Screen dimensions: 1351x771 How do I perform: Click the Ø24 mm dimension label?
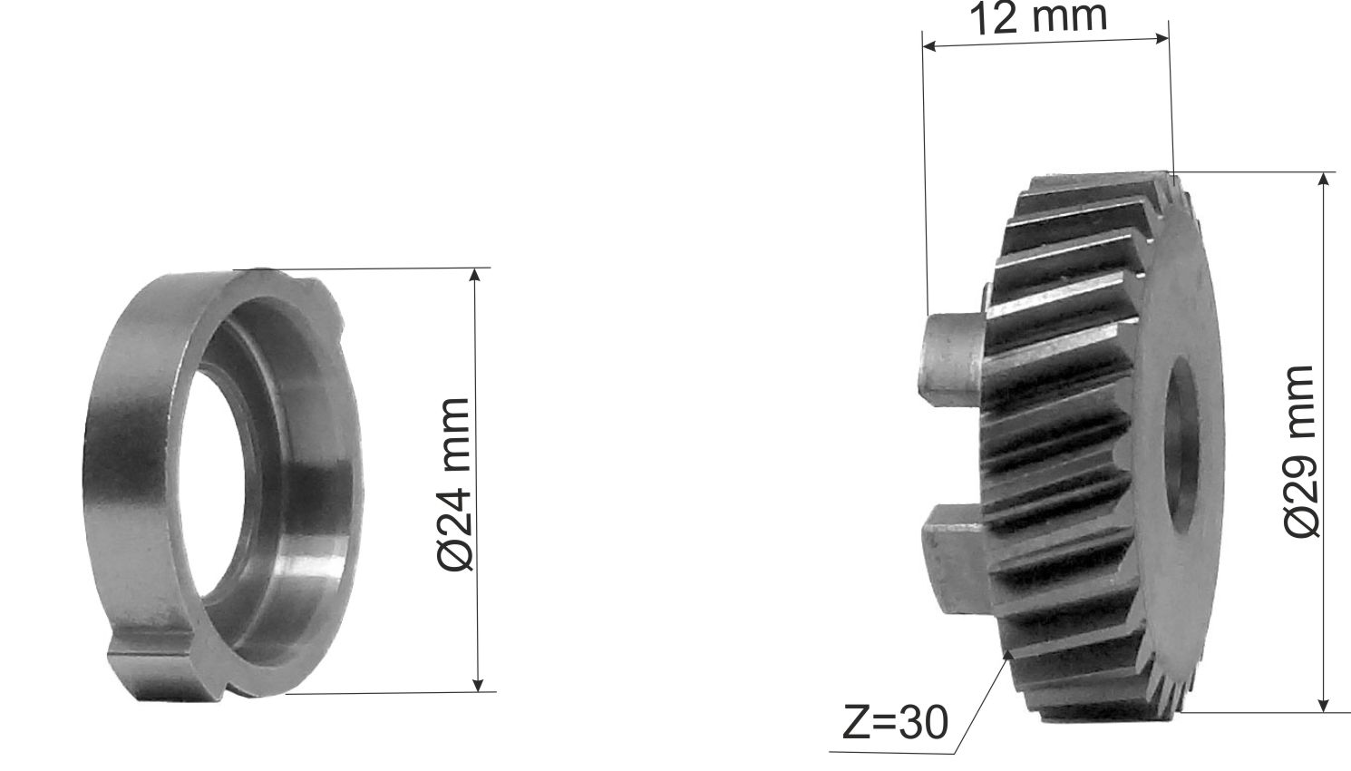pos(453,483)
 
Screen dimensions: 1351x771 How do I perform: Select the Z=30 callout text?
pos(895,721)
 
